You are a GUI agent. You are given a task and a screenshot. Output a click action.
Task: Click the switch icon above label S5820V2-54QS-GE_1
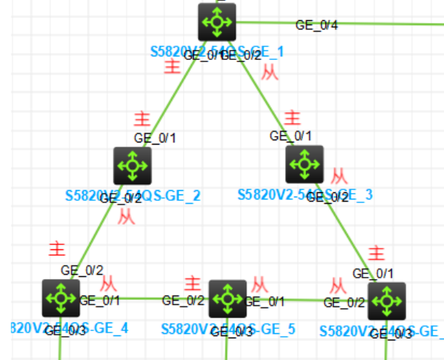(x=216, y=22)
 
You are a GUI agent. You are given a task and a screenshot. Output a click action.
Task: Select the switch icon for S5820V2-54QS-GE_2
(x=132, y=166)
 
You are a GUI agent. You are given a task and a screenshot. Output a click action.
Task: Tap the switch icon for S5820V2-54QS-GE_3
(x=304, y=164)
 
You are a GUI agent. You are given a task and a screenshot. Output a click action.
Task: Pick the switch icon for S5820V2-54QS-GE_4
(x=61, y=298)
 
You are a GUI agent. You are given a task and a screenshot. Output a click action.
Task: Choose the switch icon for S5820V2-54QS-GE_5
(x=228, y=298)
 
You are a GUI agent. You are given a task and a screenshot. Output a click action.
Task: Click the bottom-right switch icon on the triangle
(x=386, y=301)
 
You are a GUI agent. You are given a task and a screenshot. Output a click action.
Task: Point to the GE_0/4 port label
(x=316, y=25)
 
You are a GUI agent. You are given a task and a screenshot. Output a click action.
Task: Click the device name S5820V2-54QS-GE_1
(x=217, y=51)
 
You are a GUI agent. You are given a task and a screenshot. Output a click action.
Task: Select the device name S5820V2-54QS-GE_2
(x=133, y=195)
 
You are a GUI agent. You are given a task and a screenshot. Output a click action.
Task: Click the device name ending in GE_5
(x=229, y=330)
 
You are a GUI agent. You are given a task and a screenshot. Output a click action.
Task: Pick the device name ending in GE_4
(x=69, y=327)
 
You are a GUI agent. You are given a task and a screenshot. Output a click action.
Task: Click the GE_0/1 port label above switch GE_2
(x=155, y=137)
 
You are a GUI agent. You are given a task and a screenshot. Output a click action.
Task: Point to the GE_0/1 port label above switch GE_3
(x=291, y=135)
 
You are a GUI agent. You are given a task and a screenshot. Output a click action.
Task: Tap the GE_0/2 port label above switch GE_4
(x=82, y=270)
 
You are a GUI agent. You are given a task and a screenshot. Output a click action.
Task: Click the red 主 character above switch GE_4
(x=56, y=249)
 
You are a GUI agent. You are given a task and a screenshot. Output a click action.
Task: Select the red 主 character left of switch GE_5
(x=192, y=283)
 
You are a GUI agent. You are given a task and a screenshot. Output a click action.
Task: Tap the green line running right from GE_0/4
(x=390, y=23)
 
